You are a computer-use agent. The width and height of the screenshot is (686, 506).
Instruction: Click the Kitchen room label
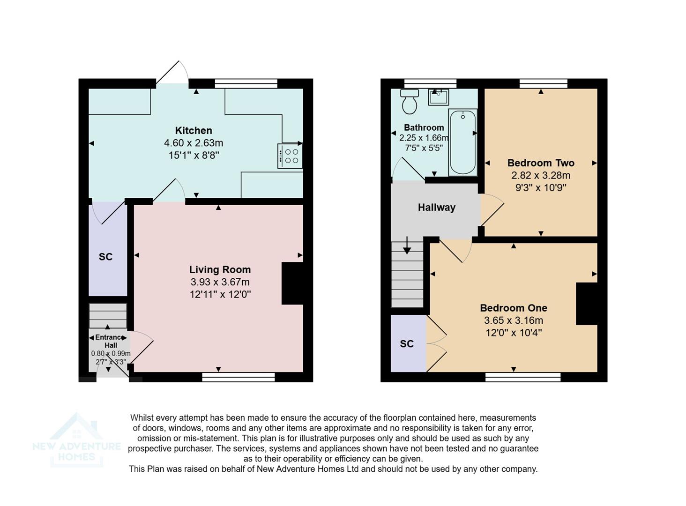pyautogui.click(x=194, y=131)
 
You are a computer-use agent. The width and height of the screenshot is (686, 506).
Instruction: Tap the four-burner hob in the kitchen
pyautogui.click(x=290, y=156)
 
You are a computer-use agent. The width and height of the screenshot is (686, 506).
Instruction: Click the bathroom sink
pyautogui.click(x=438, y=97)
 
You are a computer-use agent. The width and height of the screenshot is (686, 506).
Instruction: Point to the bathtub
pyautogui.click(x=462, y=142)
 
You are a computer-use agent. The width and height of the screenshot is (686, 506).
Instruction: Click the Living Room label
pyautogui.click(x=220, y=270)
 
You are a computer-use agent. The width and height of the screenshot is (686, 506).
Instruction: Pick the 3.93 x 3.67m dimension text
pyautogui.click(x=220, y=282)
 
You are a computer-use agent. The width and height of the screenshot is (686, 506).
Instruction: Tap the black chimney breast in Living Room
pyautogui.click(x=292, y=283)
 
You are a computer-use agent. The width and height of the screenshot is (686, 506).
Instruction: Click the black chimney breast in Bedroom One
pyautogui.click(x=586, y=304)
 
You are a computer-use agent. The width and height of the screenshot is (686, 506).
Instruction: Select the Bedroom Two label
pyautogui.click(x=541, y=163)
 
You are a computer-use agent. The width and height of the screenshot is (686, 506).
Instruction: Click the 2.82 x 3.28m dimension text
pyautogui.click(x=541, y=176)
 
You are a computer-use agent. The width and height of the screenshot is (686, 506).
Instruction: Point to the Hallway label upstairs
pyautogui.click(x=436, y=208)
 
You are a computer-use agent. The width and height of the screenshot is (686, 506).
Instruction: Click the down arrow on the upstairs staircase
pyautogui.click(x=407, y=246)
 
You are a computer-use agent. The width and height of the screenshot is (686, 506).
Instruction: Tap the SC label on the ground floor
pyautogui.click(x=105, y=257)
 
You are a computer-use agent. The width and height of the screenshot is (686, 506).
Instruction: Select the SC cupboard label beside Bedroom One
pyautogui.click(x=407, y=344)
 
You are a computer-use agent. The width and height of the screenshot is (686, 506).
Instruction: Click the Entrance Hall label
pyautogui.click(x=111, y=341)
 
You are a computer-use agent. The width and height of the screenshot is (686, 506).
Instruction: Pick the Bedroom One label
pyautogui.click(x=513, y=308)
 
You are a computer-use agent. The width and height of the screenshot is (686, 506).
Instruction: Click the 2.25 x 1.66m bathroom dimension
pyautogui.click(x=424, y=138)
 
